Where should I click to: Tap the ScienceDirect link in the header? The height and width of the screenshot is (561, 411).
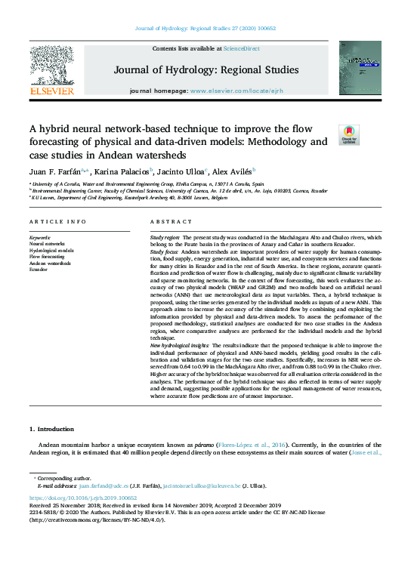click(242, 48)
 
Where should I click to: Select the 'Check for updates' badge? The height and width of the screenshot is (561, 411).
click(349, 134)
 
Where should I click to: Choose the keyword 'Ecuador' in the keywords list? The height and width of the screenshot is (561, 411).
click(39, 269)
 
